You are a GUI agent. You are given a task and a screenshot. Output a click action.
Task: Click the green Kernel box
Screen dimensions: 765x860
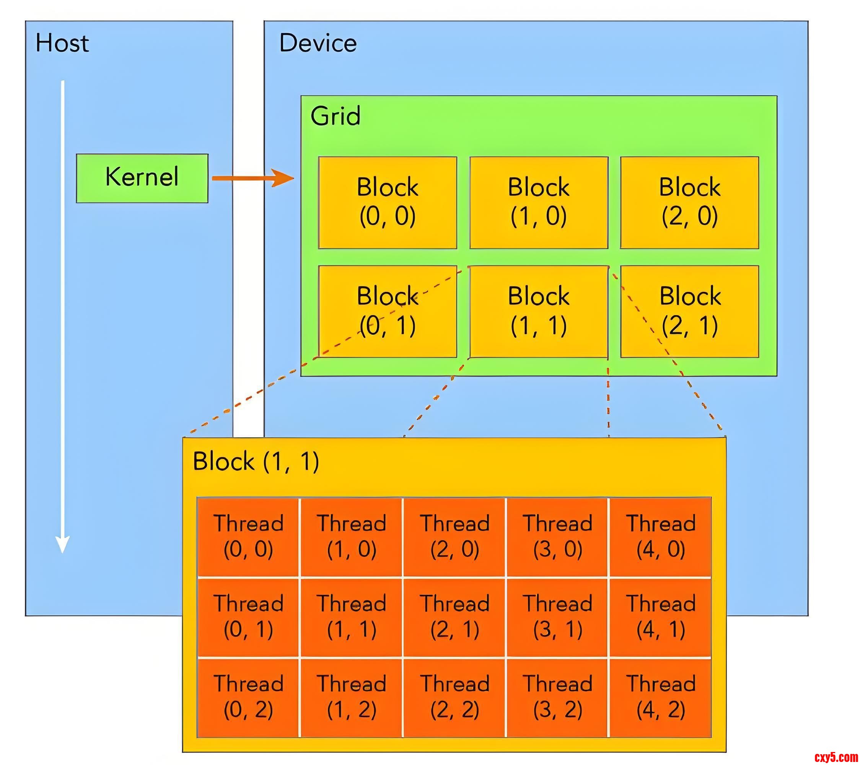click(x=142, y=178)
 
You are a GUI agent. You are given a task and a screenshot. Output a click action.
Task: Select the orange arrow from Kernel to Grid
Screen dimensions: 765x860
click(x=252, y=178)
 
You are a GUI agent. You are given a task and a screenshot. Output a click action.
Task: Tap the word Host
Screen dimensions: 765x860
click(x=62, y=43)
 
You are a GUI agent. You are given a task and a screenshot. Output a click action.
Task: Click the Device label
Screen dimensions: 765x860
click(x=318, y=43)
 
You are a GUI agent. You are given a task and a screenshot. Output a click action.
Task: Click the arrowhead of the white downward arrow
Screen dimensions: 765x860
click(x=63, y=545)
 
